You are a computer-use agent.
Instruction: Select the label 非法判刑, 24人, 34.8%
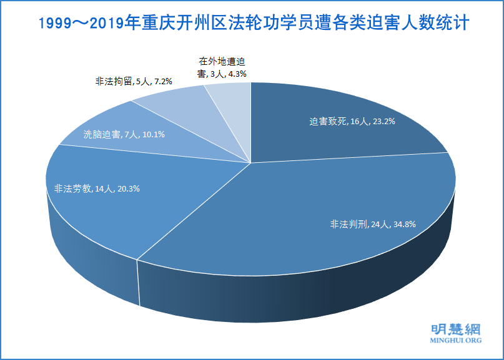(x=373, y=224)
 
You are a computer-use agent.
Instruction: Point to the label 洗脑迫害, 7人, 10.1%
(x=124, y=134)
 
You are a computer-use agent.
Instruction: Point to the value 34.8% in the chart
(x=403, y=224)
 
